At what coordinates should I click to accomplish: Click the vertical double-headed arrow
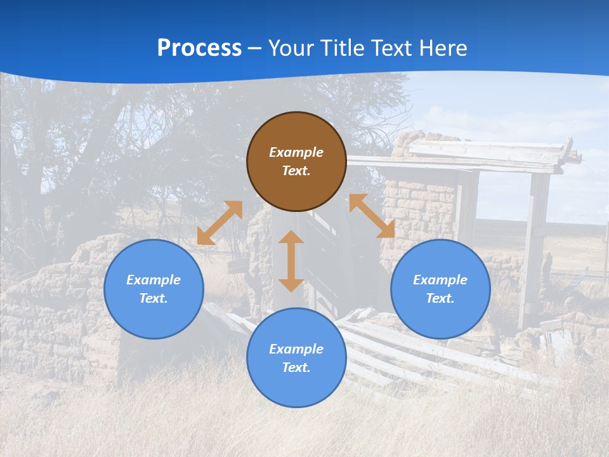pyautogui.click(x=291, y=261)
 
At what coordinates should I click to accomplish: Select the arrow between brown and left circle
pyautogui.click(x=219, y=223)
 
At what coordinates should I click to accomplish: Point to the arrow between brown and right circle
pyautogui.click(x=372, y=216)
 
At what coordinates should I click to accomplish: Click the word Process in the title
pyautogui.click(x=199, y=48)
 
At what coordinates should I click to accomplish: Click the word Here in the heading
pyautogui.click(x=443, y=48)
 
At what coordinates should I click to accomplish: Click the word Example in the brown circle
pyautogui.click(x=296, y=152)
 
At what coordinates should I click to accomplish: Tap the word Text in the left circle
pyautogui.click(x=154, y=298)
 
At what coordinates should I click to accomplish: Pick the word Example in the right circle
pyautogui.click(x=440, y=280)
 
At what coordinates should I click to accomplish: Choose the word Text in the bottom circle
pyautogui.click(x=296, y=368)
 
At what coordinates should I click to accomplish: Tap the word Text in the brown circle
pyautogui.click(x=296, y=171)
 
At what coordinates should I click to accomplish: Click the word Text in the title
pyautogui.click(x=392, y=48)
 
